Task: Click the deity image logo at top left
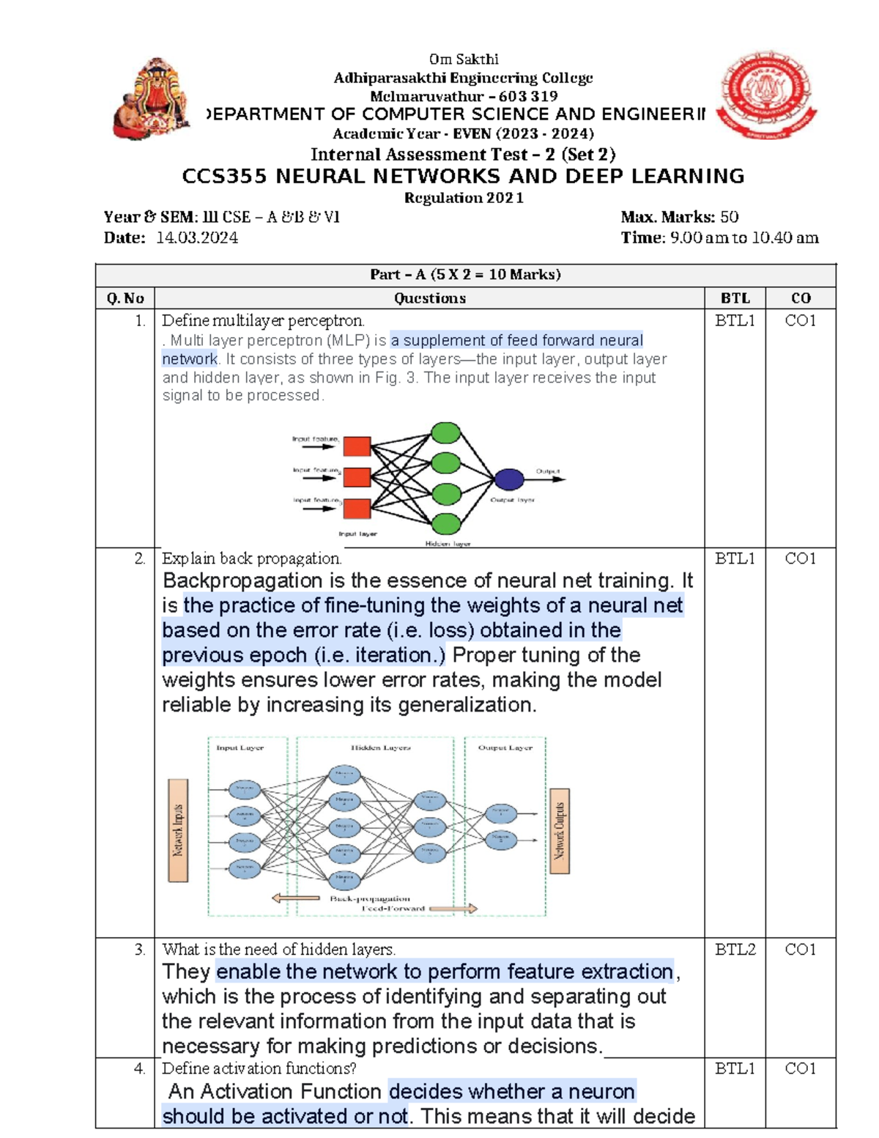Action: pos(152,98)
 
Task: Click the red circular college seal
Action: pos(766,95)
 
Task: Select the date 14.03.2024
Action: pos(197,237)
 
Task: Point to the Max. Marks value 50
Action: pos(729,217)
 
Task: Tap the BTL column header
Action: pos(735,298)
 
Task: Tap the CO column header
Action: pos(801,298)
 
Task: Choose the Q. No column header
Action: pos(125,298)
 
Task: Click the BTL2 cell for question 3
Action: pos(735,950)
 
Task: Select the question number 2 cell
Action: pos(139,558)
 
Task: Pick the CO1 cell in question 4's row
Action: pos(801,1068)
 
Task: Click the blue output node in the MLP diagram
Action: pos(509,479)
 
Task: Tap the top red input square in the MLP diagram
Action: pos(357,446)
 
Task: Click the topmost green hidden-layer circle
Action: pos(445,433)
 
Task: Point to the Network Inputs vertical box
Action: pos(178,830)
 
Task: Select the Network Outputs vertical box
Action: pos(560,831)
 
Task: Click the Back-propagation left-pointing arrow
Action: pos(295,898)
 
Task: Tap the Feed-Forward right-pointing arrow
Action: pos(453,909)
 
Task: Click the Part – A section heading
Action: pos(465,275)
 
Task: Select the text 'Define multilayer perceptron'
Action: pos(262,321)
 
